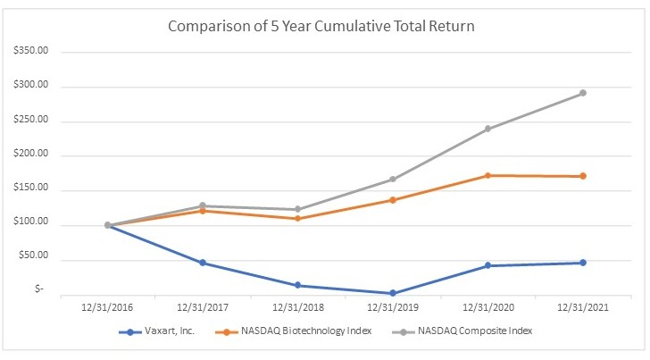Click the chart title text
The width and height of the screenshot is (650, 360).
click(321, 26)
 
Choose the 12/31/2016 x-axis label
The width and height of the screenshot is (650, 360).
click(107, 307)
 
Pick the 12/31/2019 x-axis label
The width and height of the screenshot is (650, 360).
click(393, 307)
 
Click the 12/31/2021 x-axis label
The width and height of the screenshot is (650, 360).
click(583, 307)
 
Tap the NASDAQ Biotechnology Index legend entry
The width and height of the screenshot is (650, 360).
click(292, 331)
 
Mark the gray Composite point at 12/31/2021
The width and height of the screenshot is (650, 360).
click(583, 93)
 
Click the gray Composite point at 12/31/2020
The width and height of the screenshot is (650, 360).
click(488, 129)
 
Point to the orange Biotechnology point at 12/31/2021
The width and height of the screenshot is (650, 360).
click(583, 176)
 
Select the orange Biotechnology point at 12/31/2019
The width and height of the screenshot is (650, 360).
click(393, 200)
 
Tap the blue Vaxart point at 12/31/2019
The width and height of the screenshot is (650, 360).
click(393, 293)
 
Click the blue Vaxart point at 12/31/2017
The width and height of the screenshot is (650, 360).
click(203, 263)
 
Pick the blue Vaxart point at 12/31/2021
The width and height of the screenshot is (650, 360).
click(583, 263)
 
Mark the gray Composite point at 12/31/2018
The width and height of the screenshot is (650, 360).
click(298, 209)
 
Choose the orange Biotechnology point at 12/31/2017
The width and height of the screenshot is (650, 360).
click(203, 211)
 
